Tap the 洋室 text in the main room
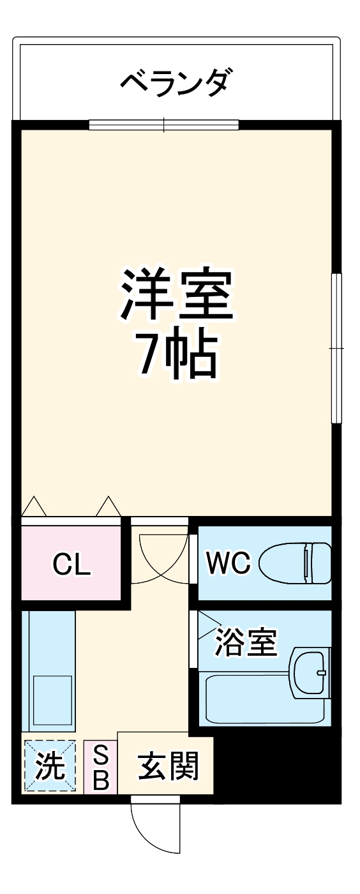pyautogui.click(x=177, y=294)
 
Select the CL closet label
pyautogui.click(x=71, y=564)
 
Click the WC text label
pyautogui.click(x=228, y=563)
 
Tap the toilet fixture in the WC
pyautogui.click(x=296, y=563)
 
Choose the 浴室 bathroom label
pyautogui.click(x=246, y=643)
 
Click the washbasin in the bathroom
pyautogui.click(x=310, y=673)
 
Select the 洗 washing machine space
pyautogui.click(x=50, y=766)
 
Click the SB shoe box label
pyautogui.click(x=100, y=768)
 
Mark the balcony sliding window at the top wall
pyautogui.click(x=163, y=125)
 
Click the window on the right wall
pyautogui.click(x=336, y=348)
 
